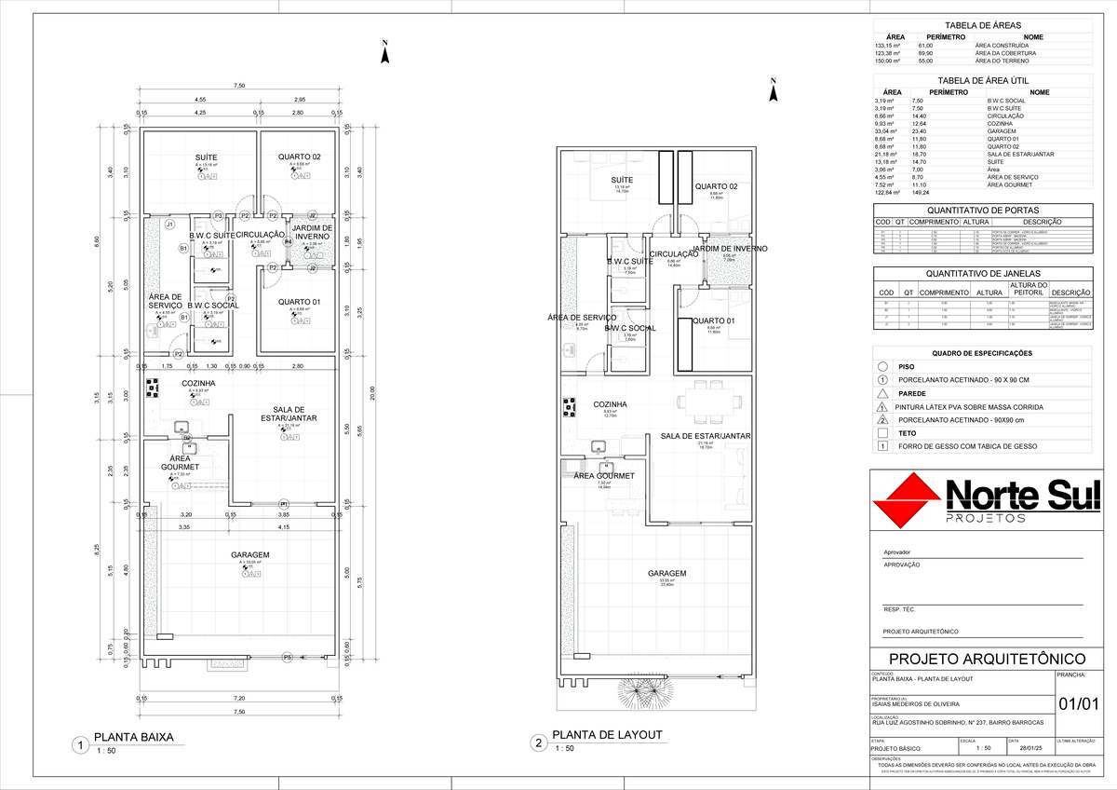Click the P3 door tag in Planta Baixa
[x=218, y=215]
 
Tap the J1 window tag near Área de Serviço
[x=169, y=225]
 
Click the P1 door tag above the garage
[x=284, y=504]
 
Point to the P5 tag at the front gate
[x=287, y=658]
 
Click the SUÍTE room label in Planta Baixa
[x=206, y=157]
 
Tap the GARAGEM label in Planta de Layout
[x=666, y=574]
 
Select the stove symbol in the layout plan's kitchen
[x=567, y=405]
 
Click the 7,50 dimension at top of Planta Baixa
[x=239, y=87]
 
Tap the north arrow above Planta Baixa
[x=384, y=54]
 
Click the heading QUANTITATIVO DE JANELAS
[x=983, y=273]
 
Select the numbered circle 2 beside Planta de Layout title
[x=538, y=743]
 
